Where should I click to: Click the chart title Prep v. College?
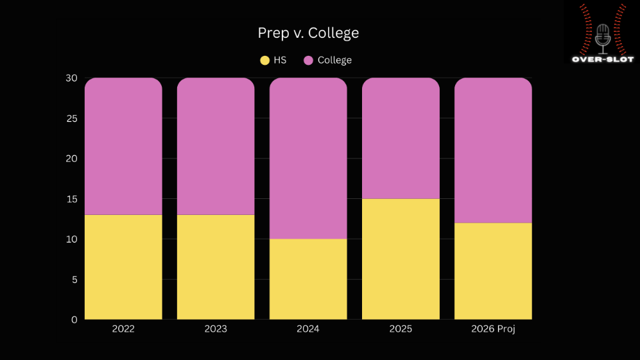pos(308,33)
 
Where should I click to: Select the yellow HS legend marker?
pos(264,60)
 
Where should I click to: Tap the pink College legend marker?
pos(308,60)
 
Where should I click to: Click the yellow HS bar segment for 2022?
pos(123,267)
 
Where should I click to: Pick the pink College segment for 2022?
pos(123,146)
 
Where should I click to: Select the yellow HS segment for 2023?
pos(216,267)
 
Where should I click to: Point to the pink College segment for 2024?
pos(308,159)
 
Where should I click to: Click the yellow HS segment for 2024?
pos(308,279)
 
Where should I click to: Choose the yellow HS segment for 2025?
pos(401,259)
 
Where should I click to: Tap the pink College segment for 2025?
pos(401,139)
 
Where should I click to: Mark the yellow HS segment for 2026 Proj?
pos(493,271)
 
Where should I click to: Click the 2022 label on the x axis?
pos(123,329)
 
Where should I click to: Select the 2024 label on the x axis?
pos(308,329)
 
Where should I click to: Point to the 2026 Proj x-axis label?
pos(493,329)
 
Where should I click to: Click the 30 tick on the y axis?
pos(71,78)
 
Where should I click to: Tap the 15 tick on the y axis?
pos(71,199)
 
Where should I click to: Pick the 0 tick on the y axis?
pos(74,320)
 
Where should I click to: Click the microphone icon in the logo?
pos(602,37)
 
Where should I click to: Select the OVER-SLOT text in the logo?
pos(602,59)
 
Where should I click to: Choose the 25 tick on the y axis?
pos(71,119)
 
